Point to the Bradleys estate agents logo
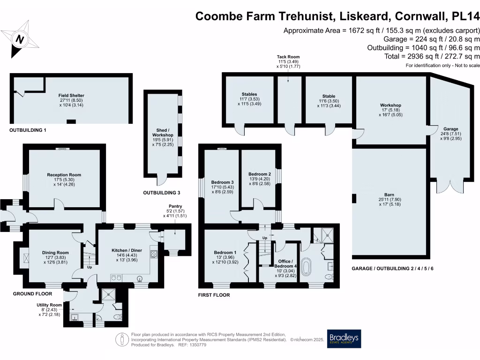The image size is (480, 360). (344, 339)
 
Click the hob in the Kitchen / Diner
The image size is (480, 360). (154, 254)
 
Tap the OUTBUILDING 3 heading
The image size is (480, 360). (162, 193)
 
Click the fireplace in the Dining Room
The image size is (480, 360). (25, 257)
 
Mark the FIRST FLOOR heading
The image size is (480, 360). (214, 295)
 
